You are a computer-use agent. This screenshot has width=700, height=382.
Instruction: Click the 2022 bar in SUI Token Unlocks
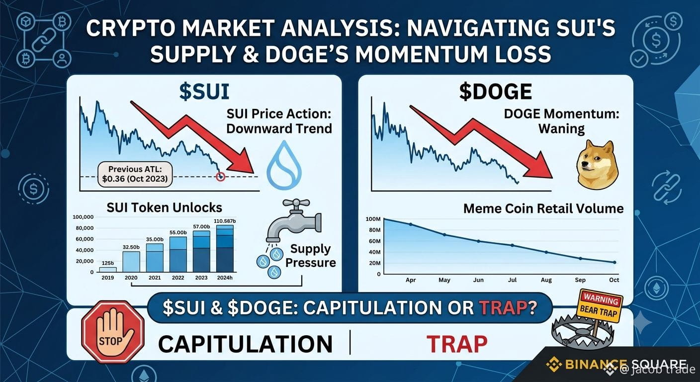(178, 254)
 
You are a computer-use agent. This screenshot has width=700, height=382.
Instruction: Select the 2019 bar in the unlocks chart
(108, 270)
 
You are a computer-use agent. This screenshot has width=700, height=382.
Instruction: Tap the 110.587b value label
(225, 221)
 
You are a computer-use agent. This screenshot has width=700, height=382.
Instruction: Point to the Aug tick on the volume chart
(546, 280)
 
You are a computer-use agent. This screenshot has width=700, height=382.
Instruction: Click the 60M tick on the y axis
(375, 241)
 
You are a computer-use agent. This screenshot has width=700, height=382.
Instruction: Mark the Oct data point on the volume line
(614, 263)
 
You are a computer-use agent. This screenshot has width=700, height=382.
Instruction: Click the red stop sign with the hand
(113, 332)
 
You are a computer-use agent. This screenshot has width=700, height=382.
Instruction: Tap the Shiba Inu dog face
(597, 165)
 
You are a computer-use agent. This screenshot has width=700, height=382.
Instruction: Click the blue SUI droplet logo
(284, 165)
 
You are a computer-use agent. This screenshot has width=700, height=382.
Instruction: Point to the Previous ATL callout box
(135, 174)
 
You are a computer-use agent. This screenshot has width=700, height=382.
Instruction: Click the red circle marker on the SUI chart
(221, 177)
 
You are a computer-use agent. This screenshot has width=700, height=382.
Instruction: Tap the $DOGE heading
(495, 92)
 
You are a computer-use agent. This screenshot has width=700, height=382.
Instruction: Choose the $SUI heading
(204, 92)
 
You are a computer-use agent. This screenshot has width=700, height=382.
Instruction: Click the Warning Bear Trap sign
(600, 306)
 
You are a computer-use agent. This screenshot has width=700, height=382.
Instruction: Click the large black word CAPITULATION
(245, 345)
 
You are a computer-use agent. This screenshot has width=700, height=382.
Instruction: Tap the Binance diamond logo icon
(554, 364)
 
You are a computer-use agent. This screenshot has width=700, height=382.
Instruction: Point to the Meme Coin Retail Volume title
(543, 208)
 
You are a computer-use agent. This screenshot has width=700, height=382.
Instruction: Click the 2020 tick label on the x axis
(131, 278)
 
